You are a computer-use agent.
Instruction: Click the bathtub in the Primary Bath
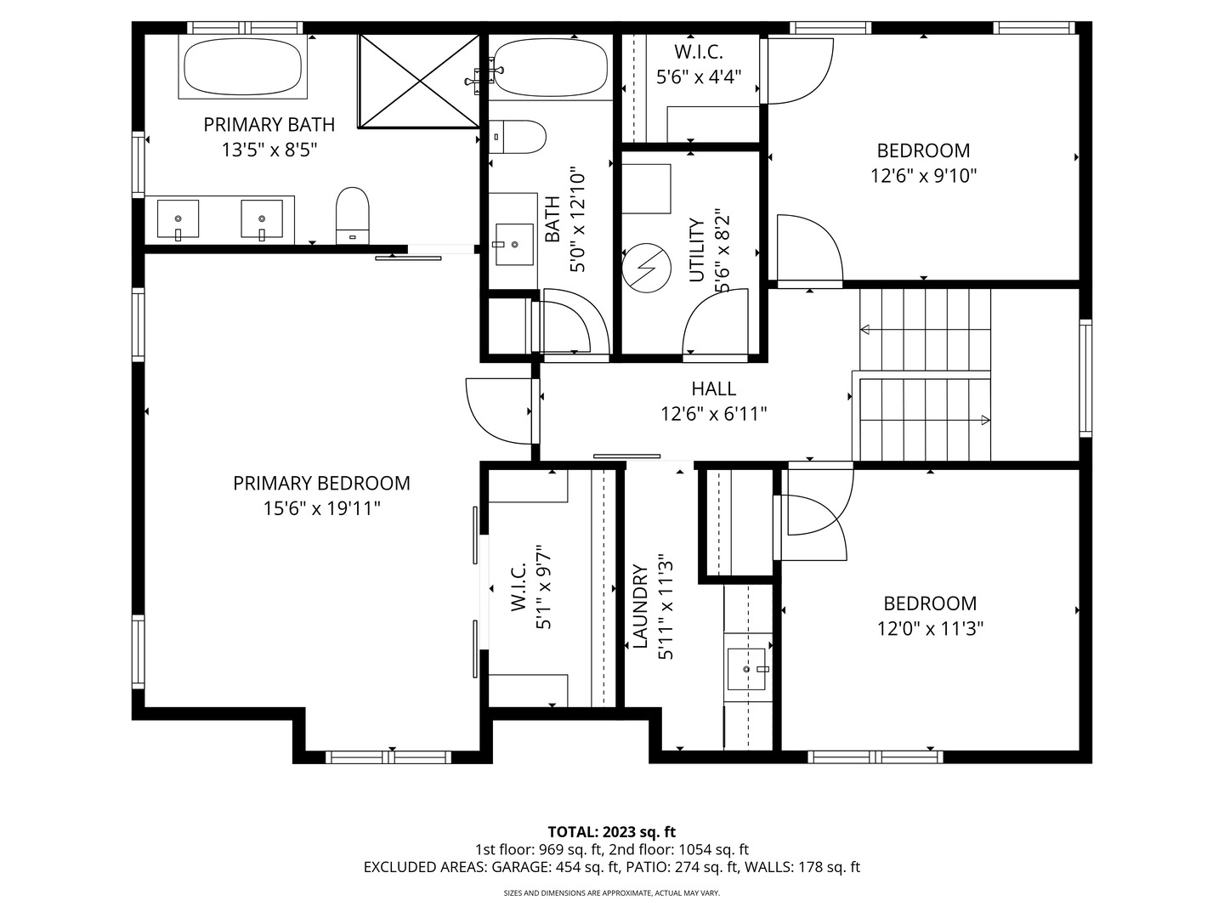click(x=242, y=67)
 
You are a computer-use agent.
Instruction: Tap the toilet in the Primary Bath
click(x=353, y=215)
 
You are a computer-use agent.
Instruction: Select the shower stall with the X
click(x=419, y=82)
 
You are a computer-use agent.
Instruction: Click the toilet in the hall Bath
click(x=517, y=137)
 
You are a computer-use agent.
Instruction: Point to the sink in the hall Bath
click(x=514, y=245)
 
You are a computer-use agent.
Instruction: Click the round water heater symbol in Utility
click(x=646, y=268)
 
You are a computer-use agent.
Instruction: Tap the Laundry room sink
click(x=746, y=669)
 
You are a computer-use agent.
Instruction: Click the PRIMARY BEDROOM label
click(x=321, y=484)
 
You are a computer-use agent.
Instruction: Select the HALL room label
click(x=714, y=388)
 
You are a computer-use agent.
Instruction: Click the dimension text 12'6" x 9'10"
click(x=923, y=176)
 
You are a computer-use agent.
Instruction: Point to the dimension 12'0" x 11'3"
click(x=930, y=629)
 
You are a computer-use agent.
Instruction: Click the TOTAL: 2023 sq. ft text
click(x=612, y=832)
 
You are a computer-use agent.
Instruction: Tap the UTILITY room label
click(x=697, y=250)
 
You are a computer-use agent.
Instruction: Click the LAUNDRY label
click(x=640, y=607)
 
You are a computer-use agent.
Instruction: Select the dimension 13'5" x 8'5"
click(x=269, y=150)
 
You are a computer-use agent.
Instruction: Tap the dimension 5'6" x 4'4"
click(x=698, y=76)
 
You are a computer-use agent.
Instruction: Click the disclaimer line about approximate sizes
click(x=612, y=892)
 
